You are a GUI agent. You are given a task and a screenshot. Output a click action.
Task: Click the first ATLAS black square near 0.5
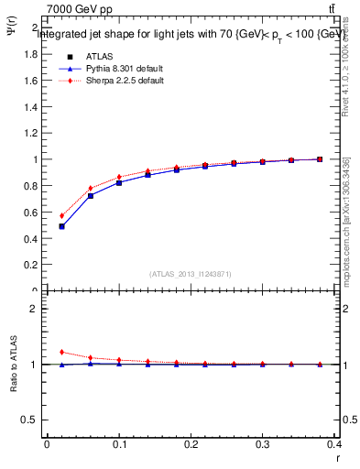tap(62, 226)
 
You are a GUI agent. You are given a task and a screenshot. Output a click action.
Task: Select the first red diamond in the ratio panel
tap(62, 352)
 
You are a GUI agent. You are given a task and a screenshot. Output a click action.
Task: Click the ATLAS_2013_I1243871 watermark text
tap(191, 274)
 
